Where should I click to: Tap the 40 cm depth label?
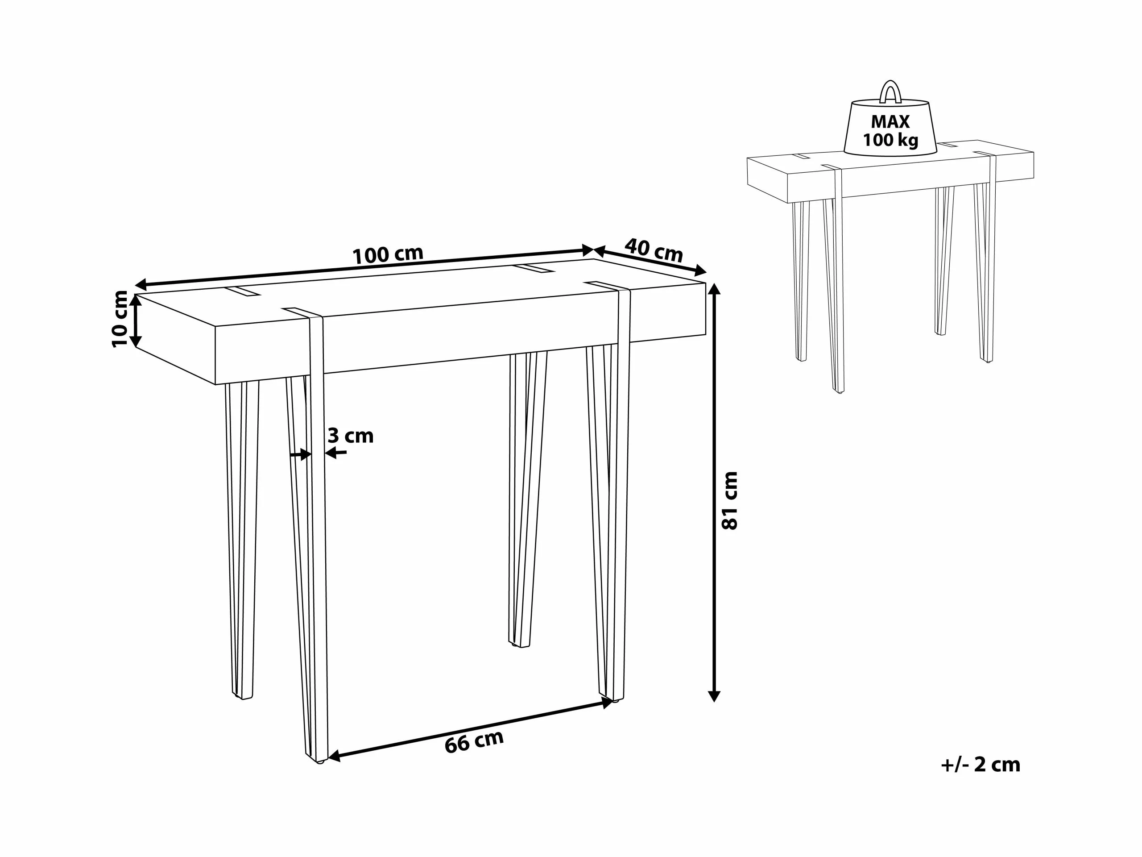pyautogui.click(x=654, y=250)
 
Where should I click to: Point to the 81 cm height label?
pyautogui.click(x=729, y=500)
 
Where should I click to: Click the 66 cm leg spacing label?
pyautogui.click(x=474, y=742)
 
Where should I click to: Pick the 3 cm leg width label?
pyautogui.click(x=351, y=436)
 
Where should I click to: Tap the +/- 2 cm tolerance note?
pyautogui.click(x=981, y=765)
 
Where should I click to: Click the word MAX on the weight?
pyautogui.click(x=890, y=122)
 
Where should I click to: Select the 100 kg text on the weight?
pyautogui.click(x=890, y=140)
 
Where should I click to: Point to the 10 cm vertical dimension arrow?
pyautogui.click(x=135, y=320)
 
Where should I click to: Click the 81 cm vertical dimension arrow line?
pyautogui.click(x=714, y=491)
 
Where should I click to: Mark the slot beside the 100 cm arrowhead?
pyautogui.click(x=534, y=270)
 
